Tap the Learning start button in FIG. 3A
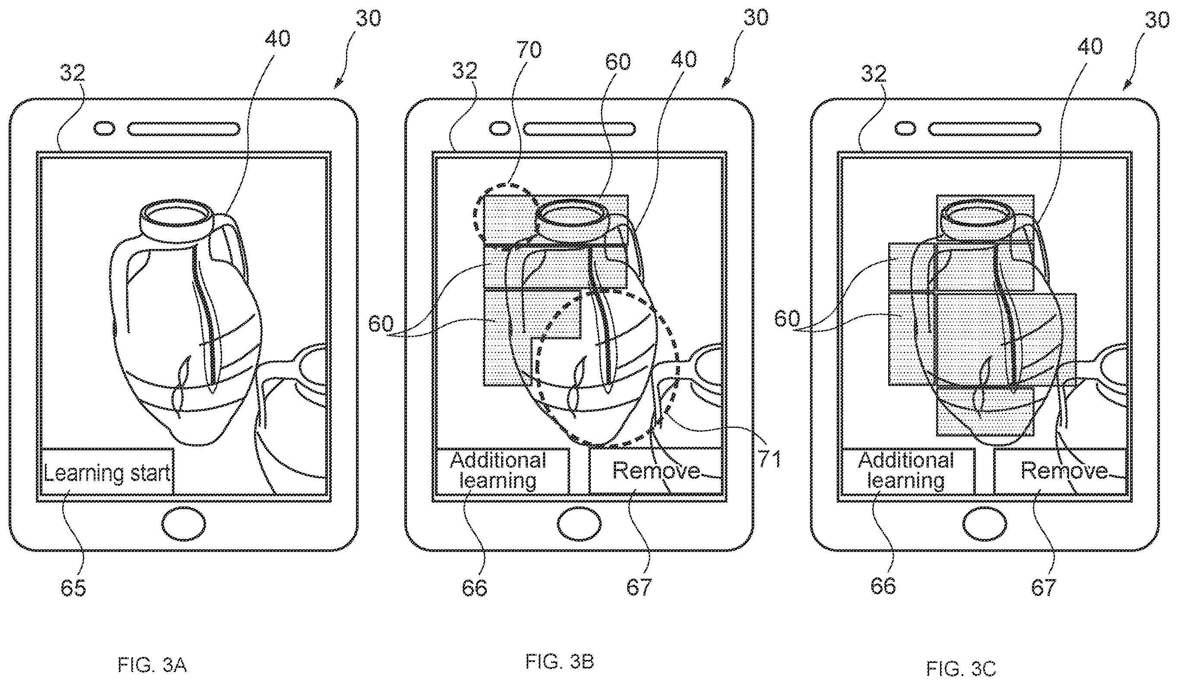pos(108,472)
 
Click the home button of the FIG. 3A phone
pos(184,524)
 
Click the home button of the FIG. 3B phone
pos(579,524)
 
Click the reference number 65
pos(73,588)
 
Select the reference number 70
pos(529,50)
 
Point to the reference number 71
pos(769,459)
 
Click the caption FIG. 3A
pos(152,665)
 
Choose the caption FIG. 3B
pos(559,662)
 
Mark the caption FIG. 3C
pos(962,669)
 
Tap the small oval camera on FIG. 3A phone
pos(104,129)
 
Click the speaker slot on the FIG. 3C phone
pos(984,129)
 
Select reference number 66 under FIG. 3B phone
pos(474,588)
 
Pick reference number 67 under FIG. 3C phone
pos(1044,588)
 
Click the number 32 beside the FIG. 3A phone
pos(73,73)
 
